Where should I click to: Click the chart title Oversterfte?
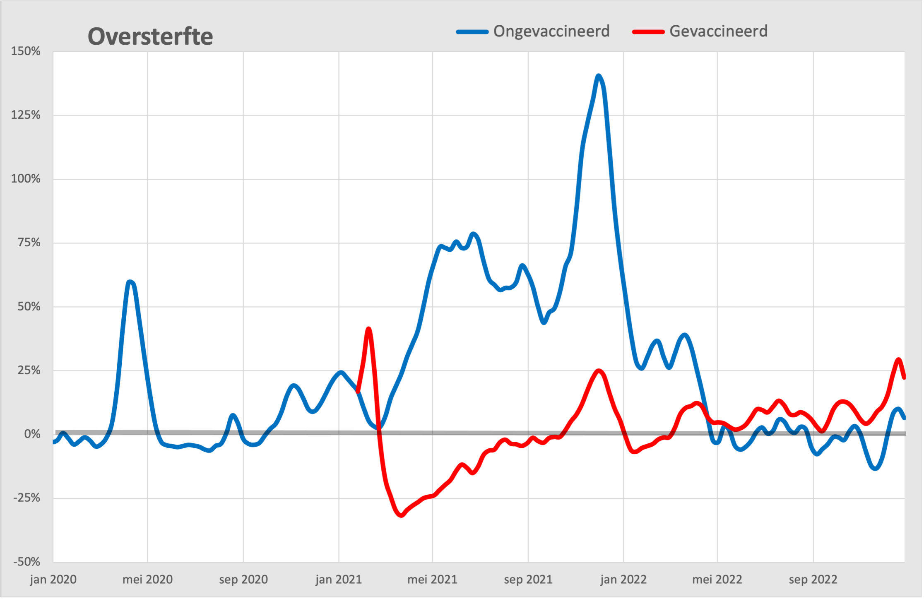150,36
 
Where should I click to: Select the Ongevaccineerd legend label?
551,31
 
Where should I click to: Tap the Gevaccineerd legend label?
718,31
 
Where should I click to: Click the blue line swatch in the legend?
472,32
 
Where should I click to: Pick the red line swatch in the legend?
648,32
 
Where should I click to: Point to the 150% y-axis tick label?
26,51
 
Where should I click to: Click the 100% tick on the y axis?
26,179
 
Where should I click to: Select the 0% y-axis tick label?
32,434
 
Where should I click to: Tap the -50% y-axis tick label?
27,562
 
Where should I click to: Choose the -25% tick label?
27,498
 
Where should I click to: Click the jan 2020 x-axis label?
53,580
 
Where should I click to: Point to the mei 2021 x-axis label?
432,580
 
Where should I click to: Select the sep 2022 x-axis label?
813,580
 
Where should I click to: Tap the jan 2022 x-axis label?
623,580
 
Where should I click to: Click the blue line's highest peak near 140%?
599,76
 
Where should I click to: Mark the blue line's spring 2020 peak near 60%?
130,282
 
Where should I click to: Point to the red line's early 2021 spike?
368,329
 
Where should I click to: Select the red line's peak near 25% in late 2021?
599,371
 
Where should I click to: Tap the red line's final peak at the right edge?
898,360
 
